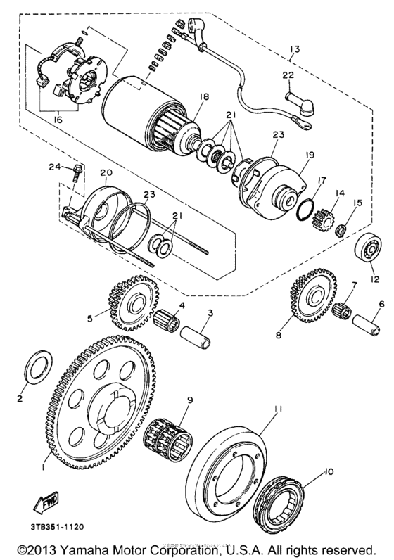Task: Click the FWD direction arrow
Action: [x=44, y=504]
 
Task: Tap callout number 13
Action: [x=293, y=49]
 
